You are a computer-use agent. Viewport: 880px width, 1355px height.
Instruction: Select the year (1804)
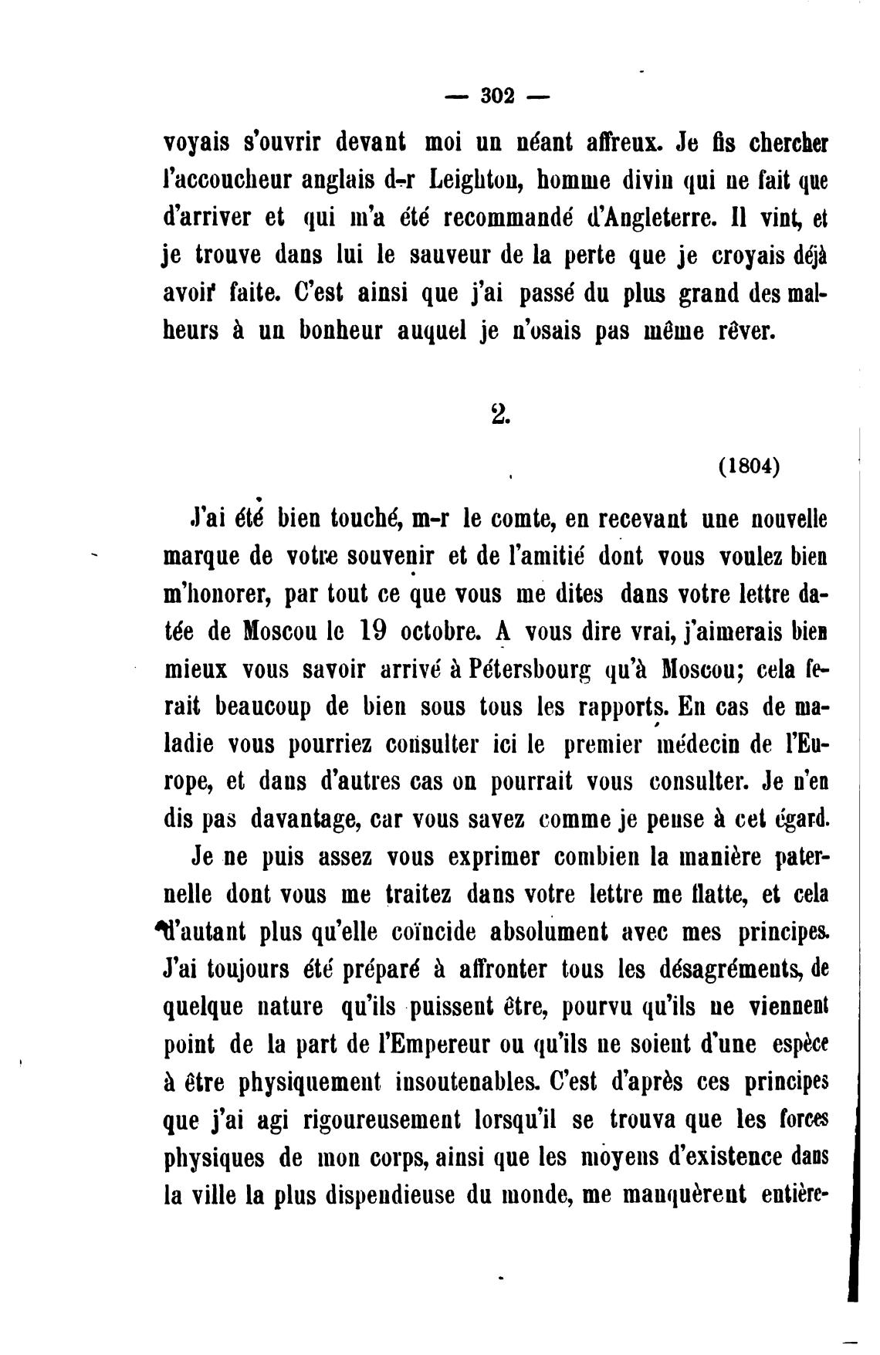point(748,467)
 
